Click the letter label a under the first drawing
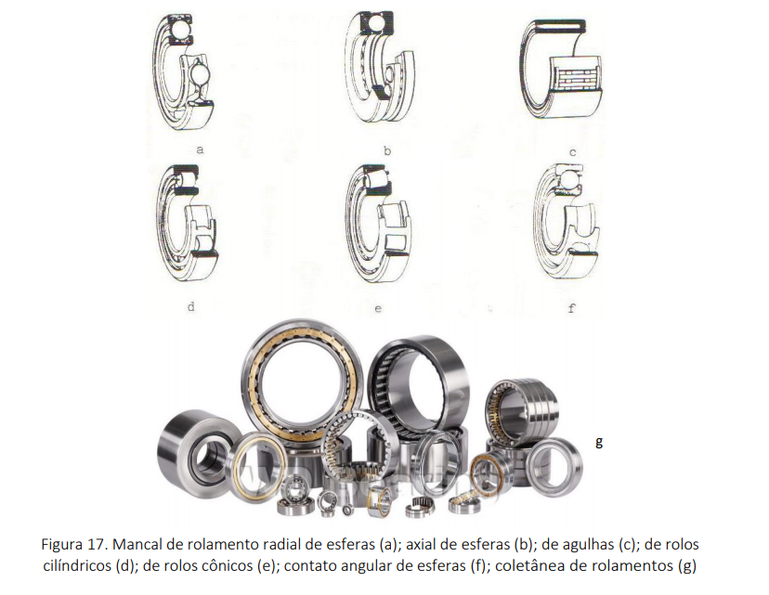(x=200, y=149)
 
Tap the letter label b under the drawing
(x=387, y=150)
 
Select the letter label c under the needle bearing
(x=572, y=152)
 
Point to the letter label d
(x=191, y=306)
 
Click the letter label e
(x=378, y=309)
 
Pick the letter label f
(x=571, y=308)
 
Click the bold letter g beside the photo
(x=599, y=442)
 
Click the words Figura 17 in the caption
(x=75, y=545)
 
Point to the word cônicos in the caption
(x=228, y=566)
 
